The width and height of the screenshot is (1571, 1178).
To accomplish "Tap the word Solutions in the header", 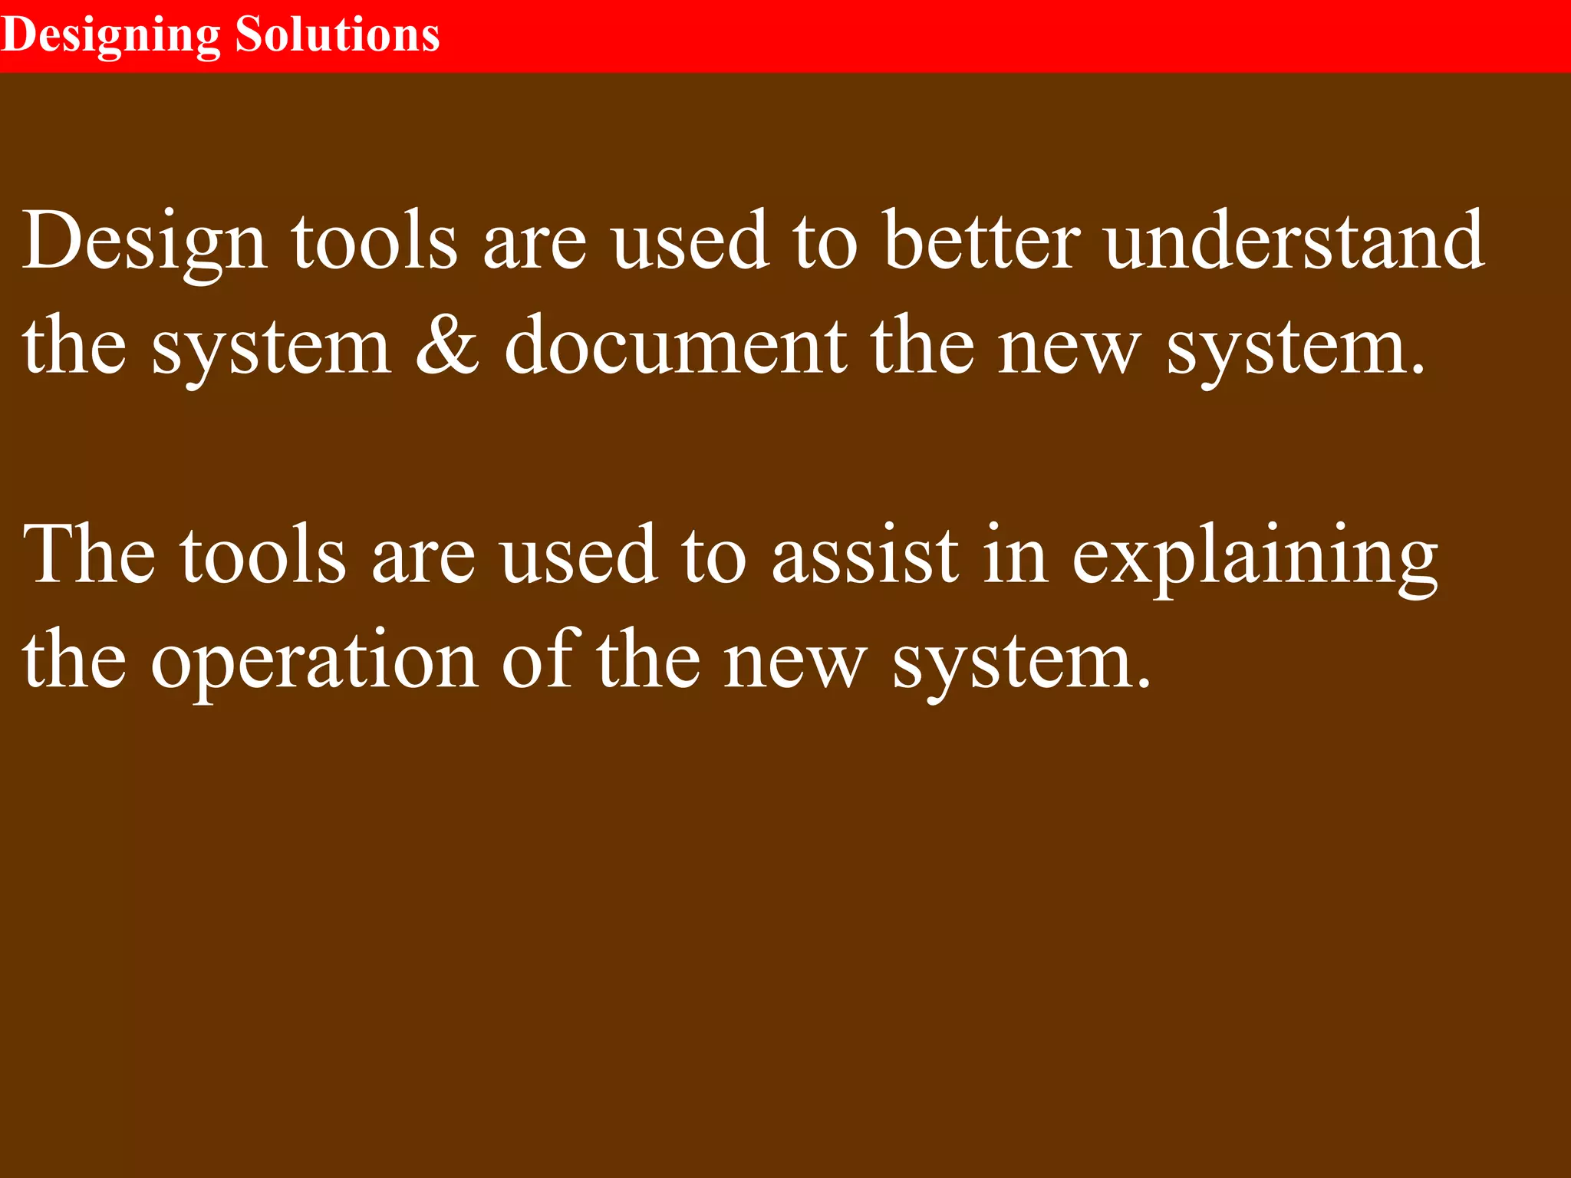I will click(338, 35).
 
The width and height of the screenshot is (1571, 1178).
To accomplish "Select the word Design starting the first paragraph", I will click(145, 242).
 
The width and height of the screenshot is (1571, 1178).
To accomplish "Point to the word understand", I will click(1295, 242).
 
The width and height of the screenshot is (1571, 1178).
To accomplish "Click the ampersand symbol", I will click(447, 347).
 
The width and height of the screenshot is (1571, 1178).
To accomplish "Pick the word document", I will click(675, 347).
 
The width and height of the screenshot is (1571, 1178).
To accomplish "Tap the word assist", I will click(865, 555).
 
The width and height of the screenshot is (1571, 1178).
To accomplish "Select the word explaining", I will click(1254, 557).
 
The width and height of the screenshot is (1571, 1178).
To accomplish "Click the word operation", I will click(315, 661).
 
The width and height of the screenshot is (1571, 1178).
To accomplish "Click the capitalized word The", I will click(89, 555).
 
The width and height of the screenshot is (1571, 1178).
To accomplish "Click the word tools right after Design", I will click(374, 242).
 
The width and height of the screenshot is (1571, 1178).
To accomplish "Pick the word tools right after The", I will click(263, 555).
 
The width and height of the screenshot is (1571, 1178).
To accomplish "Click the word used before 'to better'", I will click(690, 242).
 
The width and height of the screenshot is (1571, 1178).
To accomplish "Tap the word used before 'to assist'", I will click(578, 555).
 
